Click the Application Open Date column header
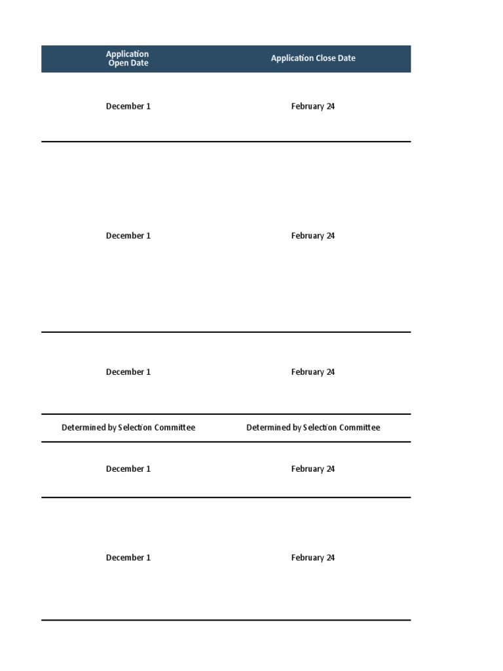tap(128, 58)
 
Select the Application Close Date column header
tap(313, 58)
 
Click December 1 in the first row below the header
tap(128, 106)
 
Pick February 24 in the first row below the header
tap(313, 106)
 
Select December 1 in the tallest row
tap(128, 236)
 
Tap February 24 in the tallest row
tap(313, 236)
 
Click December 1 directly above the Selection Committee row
tap(128, 372)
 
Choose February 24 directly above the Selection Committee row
tap(313, 372)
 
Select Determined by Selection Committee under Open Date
tap(128, 428)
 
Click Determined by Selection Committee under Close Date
tap(313, 428)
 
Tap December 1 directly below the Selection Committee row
tap(128, 469)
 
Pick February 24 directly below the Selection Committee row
tap(313, 469)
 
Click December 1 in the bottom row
tap(128, 558)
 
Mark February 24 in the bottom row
tap(313, 558)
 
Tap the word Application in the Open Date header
tap(128, 54)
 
